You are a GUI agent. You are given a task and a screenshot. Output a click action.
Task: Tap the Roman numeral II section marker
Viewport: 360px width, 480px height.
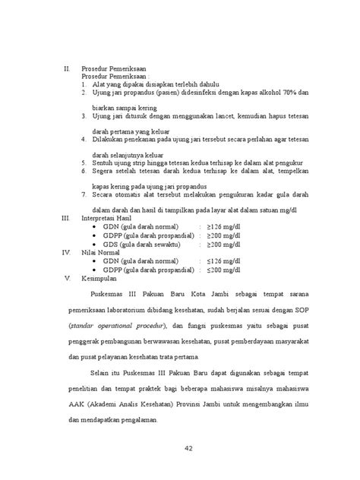pos(65,68)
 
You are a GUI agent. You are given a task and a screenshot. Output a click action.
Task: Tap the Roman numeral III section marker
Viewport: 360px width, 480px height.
pos(65,216)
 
